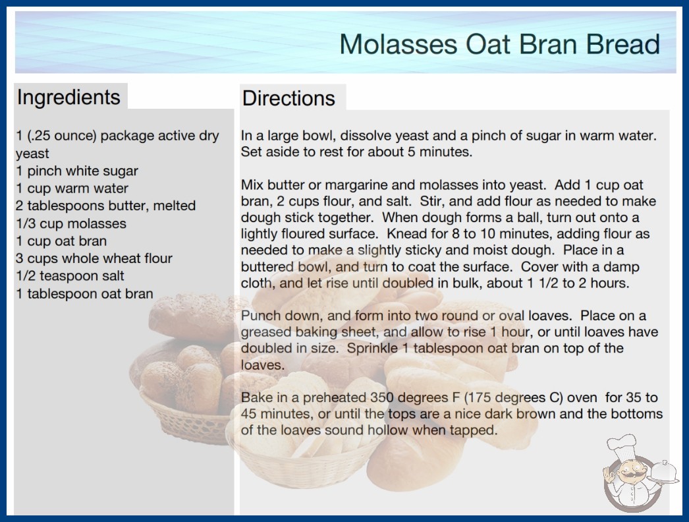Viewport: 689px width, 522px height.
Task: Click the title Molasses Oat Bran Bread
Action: [x=499, y=44]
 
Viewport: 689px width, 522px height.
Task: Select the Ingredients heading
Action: [x=69, y=97]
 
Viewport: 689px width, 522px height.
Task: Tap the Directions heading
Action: [x=289, y=98]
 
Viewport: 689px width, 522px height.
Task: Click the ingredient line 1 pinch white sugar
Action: [x=77, y=171]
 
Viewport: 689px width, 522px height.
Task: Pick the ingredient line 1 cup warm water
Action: [x=72, y=188]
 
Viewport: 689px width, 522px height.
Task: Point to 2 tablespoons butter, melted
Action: [x=106, y=206]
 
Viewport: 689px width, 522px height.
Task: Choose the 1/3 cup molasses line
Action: [x=71, y=223]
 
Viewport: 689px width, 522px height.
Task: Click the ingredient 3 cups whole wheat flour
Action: [x=94, y=258]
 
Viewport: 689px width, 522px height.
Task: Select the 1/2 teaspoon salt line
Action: [x=70, y=275]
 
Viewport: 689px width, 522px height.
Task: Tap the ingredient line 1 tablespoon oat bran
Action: [x=84, y=293]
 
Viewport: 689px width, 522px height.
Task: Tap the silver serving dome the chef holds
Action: [x=665, y=473]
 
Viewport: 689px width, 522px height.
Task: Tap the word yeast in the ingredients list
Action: [x=32, y=154]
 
